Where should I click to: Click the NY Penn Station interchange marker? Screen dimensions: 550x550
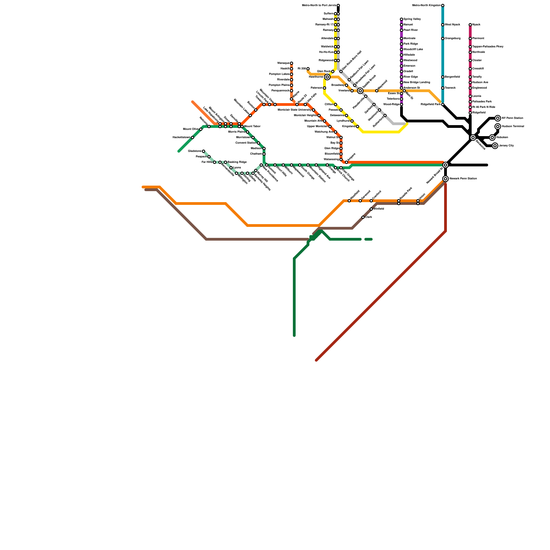click(x=498, y=118)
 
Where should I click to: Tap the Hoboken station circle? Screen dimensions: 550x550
click(x=492, y=137)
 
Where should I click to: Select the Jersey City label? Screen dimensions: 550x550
click(x=506, y=146)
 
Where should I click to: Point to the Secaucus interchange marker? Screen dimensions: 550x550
click(x=473, y=137)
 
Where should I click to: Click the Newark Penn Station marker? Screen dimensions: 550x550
click(x=445, y=179)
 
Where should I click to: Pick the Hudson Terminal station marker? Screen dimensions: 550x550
click(x=498, y=126)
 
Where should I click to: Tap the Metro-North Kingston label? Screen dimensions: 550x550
click(x=426, y=5)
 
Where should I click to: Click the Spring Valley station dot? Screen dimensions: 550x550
click(x=401, y=19)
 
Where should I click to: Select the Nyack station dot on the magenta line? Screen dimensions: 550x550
click(x=470, y=25)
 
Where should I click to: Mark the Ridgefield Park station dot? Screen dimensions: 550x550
click(x=443, y=104)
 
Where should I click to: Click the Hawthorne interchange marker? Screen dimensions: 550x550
click(x=327, y=77)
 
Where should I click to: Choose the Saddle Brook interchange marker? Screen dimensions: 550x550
click(x=360, y=91)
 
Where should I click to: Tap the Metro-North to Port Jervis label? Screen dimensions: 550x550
click(x=319, y=5)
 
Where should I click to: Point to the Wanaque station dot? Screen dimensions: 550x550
click(x=291, y=63)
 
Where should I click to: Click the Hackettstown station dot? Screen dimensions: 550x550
click(x=192, y=137)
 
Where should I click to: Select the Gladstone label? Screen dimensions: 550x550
click(x=195, y=151)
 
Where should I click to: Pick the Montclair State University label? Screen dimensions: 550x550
click(x=294, y=110)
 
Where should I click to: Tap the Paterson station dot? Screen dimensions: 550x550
click(x=324, y=88)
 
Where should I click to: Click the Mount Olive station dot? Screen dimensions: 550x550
click(x=201, y=129)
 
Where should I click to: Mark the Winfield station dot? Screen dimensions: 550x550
click(x=371, y=209)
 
